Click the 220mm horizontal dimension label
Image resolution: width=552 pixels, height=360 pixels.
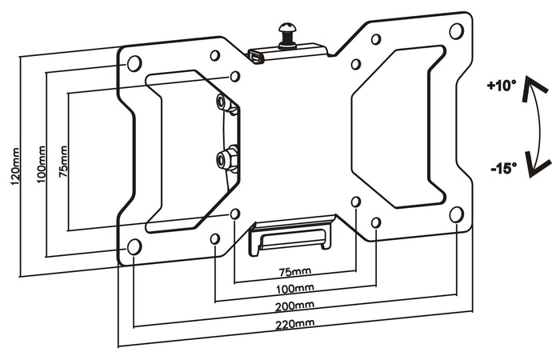click(294, 324)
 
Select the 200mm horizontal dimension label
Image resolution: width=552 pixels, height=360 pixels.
click(294, 306)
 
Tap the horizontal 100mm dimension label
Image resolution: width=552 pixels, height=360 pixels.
click(294, 287)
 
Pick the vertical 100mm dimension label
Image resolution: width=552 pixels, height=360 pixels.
click(39, 165)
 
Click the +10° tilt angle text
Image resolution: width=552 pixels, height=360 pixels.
click(502, 85)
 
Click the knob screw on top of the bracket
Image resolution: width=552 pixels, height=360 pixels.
click(286, 34)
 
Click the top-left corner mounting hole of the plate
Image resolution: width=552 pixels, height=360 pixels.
click(134, 62)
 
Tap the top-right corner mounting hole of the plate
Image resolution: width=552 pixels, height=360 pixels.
click(456, 31)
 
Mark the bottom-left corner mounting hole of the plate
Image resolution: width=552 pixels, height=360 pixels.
click(134, 246)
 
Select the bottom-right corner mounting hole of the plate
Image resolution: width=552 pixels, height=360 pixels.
click(456, 214)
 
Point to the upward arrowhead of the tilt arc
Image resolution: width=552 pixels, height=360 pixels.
click(529, 94)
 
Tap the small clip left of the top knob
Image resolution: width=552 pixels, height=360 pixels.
click(256, 57)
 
